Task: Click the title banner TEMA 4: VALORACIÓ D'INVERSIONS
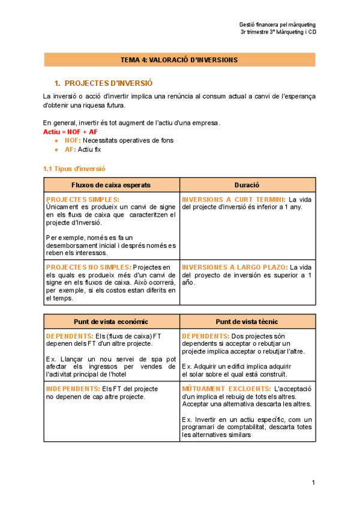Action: pos(179,60)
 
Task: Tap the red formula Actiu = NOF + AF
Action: pos(70,131)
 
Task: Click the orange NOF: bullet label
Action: pos(73,140)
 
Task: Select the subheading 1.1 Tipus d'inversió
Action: pos(74,169)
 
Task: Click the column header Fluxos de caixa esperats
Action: pos(111,185)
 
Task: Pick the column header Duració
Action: pos(247,185)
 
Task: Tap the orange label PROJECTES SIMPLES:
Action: pos(83,199)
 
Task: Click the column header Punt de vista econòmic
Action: pos(111,322)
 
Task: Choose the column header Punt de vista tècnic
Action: pos(247,322)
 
